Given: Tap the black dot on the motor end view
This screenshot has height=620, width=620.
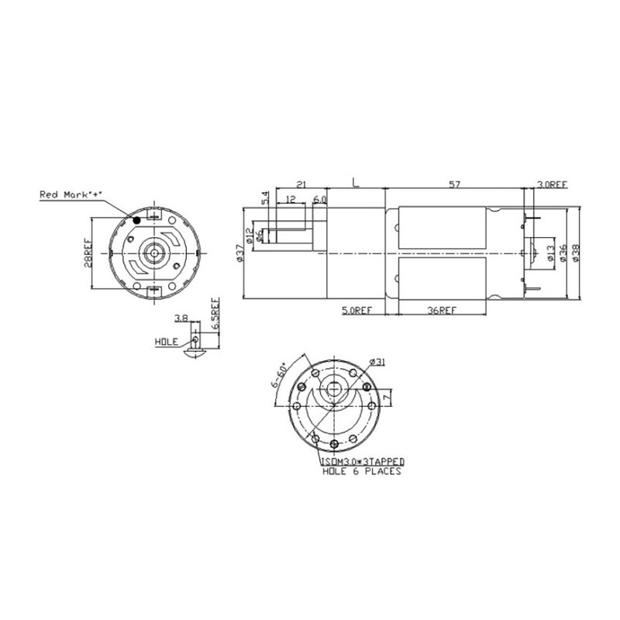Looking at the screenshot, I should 137,220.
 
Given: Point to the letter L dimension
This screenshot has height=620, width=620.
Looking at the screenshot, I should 355,184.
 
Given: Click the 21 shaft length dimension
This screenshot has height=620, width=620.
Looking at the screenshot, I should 300,184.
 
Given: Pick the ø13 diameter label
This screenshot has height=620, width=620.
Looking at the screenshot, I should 550,253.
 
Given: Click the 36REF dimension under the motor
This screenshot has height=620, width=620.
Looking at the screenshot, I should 442,310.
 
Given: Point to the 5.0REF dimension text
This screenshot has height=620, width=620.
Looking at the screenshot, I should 357,310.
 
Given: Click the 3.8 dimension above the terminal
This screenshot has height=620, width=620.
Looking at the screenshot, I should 181,318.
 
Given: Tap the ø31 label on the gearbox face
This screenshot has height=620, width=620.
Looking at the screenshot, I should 378,361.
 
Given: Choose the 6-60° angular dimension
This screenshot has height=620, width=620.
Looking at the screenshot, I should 281,378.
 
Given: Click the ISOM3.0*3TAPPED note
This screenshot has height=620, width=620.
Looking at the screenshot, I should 361,461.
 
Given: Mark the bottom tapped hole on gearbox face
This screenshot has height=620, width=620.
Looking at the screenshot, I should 334,443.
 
